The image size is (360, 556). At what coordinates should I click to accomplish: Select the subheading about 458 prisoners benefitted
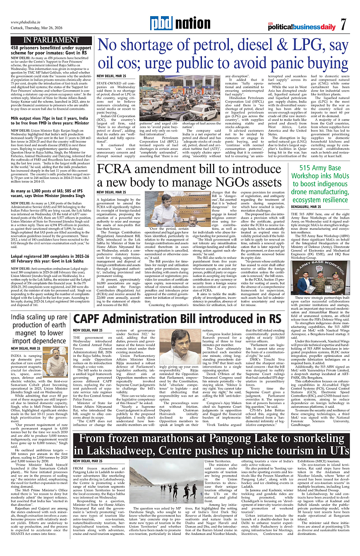point(48,51)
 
